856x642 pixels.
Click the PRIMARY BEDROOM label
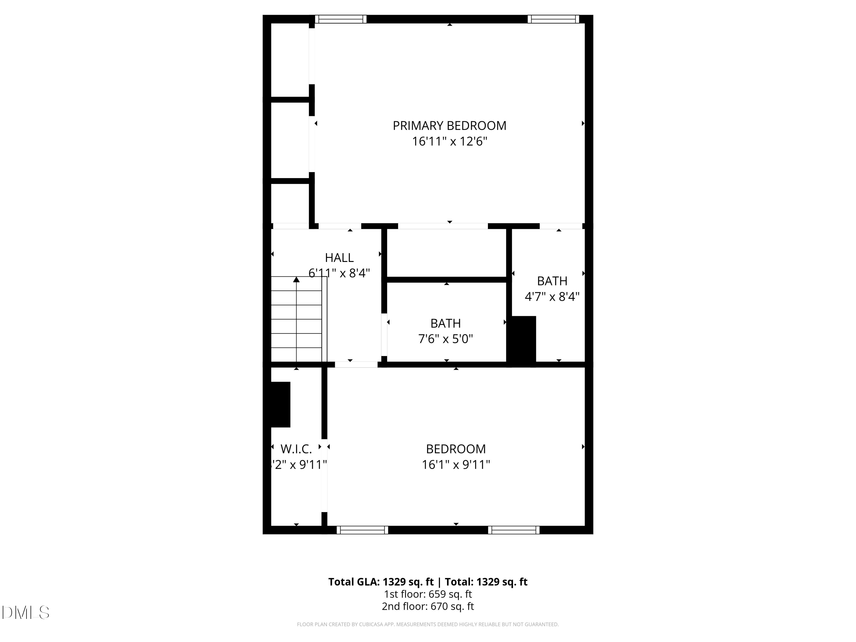449,126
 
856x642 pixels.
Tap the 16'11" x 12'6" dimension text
449,142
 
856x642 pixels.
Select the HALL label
339,258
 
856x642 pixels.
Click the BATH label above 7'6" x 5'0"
445,323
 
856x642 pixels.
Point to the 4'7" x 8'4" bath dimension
552,297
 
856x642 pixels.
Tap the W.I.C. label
296,449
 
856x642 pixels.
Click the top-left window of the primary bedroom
340,19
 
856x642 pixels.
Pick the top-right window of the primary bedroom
553,19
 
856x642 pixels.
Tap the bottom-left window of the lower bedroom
362,530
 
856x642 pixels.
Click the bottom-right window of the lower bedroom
514,530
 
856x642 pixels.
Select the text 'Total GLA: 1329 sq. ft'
381,582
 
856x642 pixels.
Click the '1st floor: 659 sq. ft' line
428,594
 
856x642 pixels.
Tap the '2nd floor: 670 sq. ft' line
428,606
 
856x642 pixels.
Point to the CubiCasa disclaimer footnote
428,624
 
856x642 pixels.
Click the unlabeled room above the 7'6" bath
446,253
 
